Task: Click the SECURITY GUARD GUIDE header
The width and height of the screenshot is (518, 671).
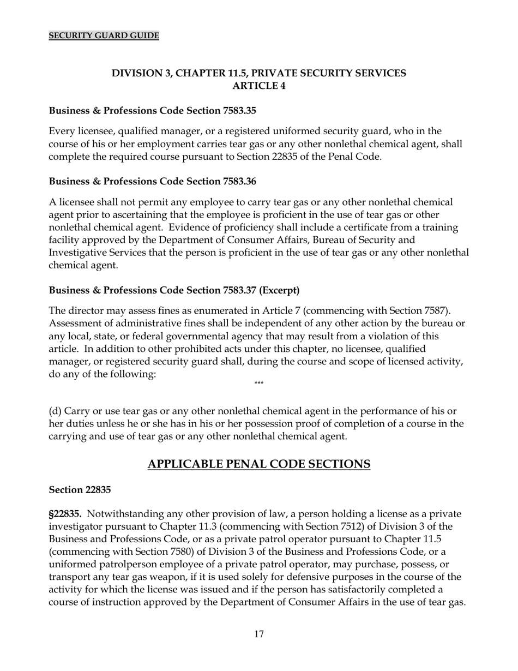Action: tap(104, 35)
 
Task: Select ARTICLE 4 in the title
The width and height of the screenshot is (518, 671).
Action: tap(258, 86)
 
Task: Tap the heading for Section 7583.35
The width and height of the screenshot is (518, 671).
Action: tap(152, 111)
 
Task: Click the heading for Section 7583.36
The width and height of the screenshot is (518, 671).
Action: tap(152, 181)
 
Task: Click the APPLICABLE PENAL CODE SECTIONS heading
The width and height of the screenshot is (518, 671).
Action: tap(258, 464)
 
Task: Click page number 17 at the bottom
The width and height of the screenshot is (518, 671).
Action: tap(258, 634)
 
